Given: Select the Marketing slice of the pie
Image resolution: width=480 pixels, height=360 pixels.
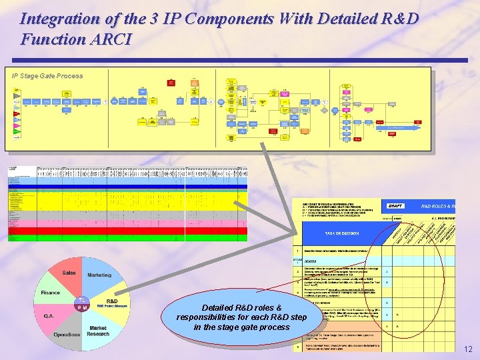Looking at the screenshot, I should coord(99,275).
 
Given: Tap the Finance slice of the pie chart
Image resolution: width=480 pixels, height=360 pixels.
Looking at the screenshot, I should coord(51,293).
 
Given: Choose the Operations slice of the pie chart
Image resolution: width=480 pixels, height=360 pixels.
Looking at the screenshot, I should coord(67,334).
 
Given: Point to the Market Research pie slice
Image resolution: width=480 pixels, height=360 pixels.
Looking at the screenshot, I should coord(97,330).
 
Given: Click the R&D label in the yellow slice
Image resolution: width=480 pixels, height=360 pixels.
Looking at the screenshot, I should coord(112,301).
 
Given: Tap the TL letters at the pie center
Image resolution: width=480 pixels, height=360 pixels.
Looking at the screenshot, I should coord(81,300).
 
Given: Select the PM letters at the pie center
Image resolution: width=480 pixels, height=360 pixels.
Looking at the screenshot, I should coord(81,307).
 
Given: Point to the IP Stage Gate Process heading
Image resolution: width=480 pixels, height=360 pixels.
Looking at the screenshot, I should coord(47,76).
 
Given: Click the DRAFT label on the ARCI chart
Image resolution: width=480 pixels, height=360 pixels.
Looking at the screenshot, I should coord(395,206).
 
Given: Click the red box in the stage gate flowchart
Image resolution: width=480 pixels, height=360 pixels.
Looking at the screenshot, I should coord(171,83).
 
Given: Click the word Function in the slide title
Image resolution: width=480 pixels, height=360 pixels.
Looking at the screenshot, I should coord(53,39).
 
